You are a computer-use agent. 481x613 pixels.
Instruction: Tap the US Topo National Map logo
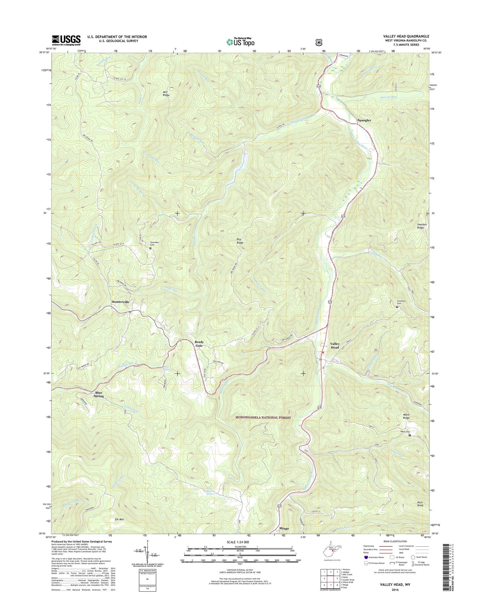[240, 42]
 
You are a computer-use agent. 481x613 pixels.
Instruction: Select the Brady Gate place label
[199, 343]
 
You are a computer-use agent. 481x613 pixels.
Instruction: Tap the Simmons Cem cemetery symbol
[397, 307]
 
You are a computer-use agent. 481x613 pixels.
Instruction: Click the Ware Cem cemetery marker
[410, 435]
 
